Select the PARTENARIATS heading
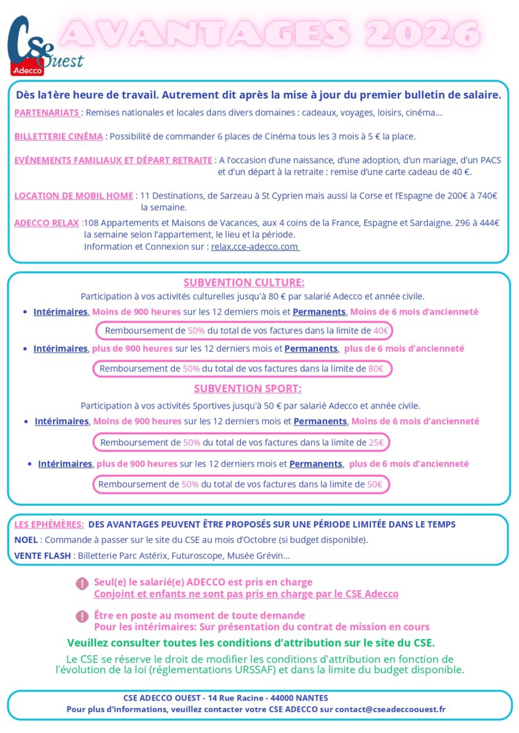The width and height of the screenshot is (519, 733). point(47,113)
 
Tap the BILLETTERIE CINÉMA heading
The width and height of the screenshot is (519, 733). point(59,136)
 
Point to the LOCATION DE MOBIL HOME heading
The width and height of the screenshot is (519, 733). point(73,196)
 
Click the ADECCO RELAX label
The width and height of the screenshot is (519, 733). point(46,223)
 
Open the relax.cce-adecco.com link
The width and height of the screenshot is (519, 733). point(254,247)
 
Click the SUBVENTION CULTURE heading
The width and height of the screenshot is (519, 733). point(243,282)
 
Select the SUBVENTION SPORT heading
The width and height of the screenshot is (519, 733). point(248,388)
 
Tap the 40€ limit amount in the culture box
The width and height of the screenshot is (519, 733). point(381,330)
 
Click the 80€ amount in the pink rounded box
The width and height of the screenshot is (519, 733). point(376,369)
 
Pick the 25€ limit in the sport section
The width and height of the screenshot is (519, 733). point(377,442)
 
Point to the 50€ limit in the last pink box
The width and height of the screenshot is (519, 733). point(374,484)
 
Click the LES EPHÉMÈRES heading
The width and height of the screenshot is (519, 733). point(49,525)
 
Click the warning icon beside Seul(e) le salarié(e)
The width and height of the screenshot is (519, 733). point(82,584)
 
